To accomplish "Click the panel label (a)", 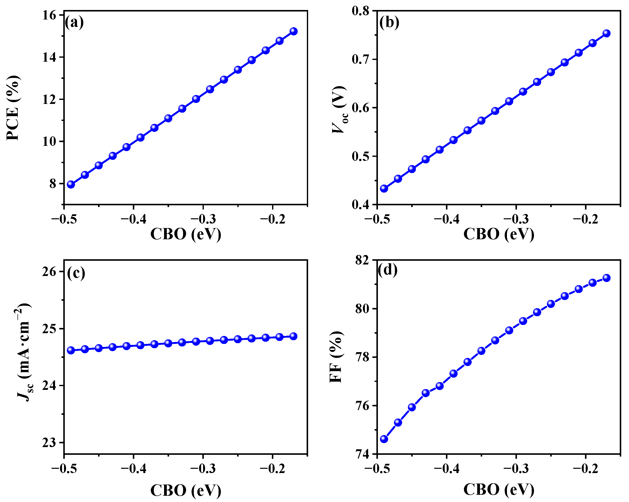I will click(x=74, y=22).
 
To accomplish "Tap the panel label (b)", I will click(x=389, y=22).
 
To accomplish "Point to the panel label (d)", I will click(x=387, y=270).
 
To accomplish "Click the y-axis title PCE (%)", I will click(x=13, y=108).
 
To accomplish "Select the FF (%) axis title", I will click(x=336, y=357).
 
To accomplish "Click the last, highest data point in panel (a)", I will click(x=294, y=31).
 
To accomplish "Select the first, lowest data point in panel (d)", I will click(x=384, y=439).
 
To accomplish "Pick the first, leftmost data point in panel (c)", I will click(x=71, y=350).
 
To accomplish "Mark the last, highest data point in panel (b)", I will click(x=606, y=33).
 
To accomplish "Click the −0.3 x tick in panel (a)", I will click(x=203, y=219).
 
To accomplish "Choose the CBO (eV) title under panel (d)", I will click(x=499, y=490).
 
